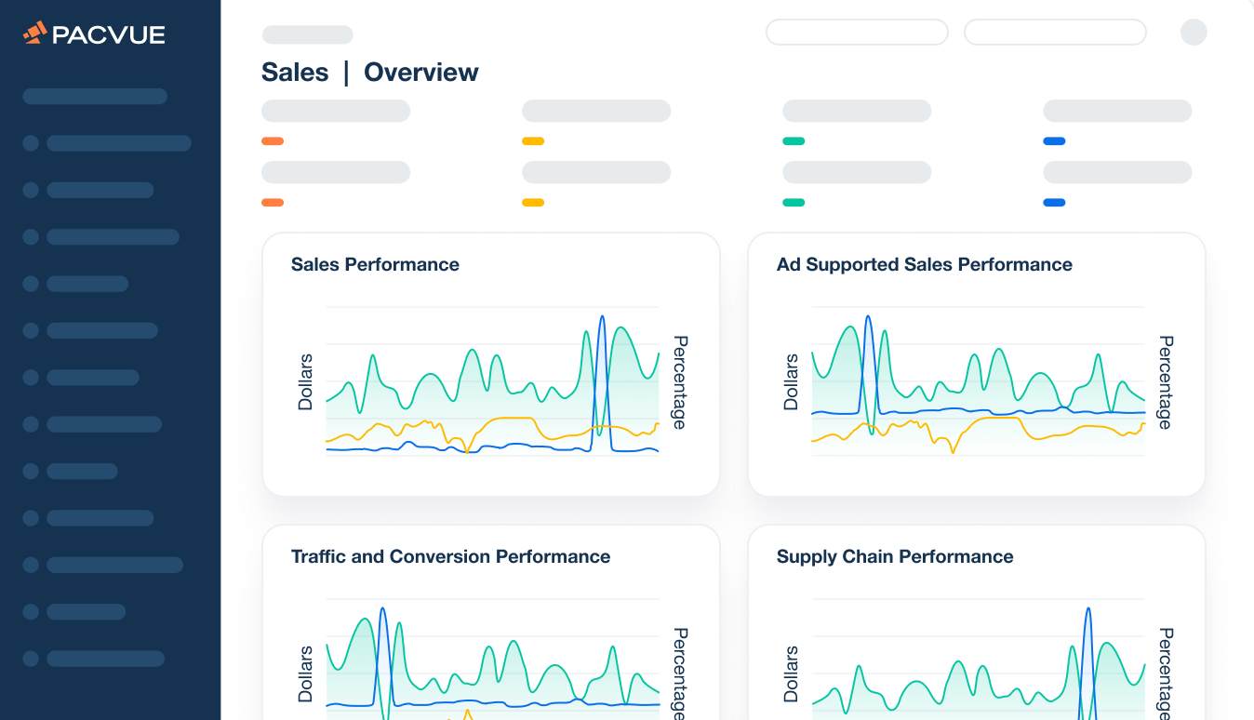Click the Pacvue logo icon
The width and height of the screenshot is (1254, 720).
coord(35,33)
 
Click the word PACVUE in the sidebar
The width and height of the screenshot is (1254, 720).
coord(109,35)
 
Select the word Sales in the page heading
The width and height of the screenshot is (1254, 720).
coord(295,73)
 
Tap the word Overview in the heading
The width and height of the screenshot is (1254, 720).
coord(421,73)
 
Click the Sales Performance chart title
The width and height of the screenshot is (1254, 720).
coord(375,264)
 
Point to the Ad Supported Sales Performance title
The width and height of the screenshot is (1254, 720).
coord(924,264)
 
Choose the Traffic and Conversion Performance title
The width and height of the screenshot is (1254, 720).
coord(450,556)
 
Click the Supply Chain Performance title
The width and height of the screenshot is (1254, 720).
coord(895,556)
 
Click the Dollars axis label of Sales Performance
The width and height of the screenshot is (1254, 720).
coord(306,382)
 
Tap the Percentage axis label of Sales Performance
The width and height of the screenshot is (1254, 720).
coord(679,382)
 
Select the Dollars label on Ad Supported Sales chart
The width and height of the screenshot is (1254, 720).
coord(792,382)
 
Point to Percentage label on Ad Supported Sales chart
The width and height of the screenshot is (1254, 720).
coord(1165,382)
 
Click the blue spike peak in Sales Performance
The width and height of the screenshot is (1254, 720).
coord(602,317)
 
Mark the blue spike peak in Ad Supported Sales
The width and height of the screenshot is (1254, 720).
coord(868,317)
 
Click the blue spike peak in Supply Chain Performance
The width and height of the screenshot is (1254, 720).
coord(1087,609)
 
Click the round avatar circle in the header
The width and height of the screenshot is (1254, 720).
coord(1194,33)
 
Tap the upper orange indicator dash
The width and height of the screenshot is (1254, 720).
coord(273,141)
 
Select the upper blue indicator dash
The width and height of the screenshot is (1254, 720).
coord(1054,141)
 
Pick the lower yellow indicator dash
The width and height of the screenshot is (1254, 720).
coord(533,202)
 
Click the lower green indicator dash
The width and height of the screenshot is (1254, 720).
coord(794,202)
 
